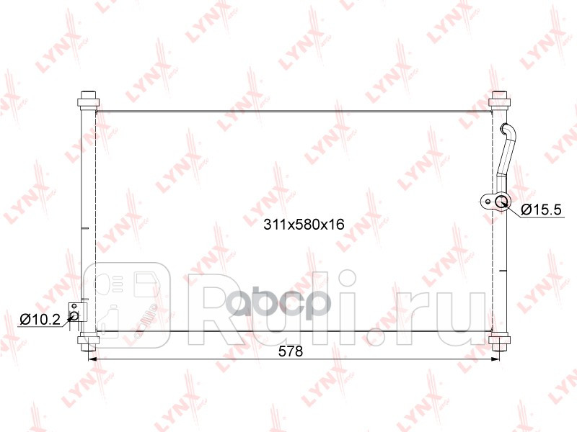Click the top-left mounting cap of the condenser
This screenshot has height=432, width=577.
(x=87, y=98)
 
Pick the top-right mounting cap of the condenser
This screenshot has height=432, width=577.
(x=498, y=99)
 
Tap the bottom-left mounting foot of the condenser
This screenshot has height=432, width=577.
(x=87, y=344)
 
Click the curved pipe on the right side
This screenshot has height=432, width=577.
(x=506, y=151)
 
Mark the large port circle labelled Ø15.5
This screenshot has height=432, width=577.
(x=503, y=202)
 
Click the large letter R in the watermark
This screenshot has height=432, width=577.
(x=216, y=305)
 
